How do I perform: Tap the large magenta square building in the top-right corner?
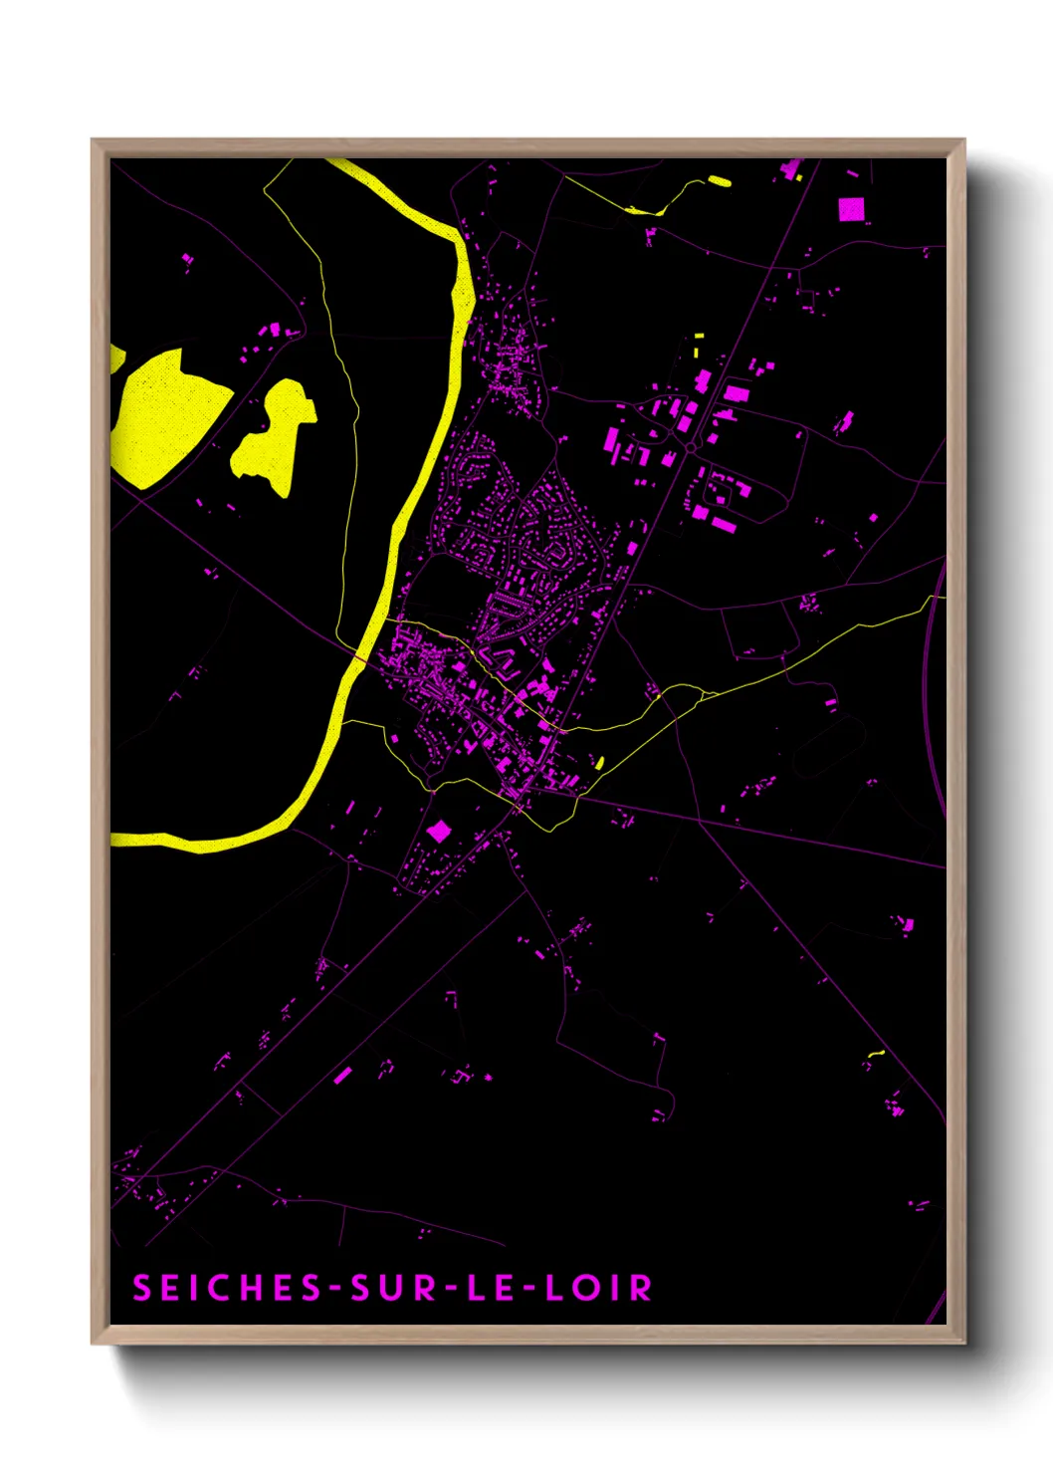coord(851,209)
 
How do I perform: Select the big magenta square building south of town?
coord(439,831)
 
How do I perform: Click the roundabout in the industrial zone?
coord(691,449)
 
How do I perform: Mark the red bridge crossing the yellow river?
coord(358,657)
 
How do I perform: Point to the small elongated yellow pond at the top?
coord(719,181)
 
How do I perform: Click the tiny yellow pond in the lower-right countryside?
coord(876,1053)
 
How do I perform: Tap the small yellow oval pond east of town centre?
coord(599,763)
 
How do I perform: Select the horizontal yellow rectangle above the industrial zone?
coord(699,337)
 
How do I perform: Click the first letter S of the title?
coord(141,1288)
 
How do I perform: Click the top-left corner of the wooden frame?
coord(94,141)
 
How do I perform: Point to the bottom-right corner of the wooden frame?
coord(963,1343)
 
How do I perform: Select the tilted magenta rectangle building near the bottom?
coord(342,1075)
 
